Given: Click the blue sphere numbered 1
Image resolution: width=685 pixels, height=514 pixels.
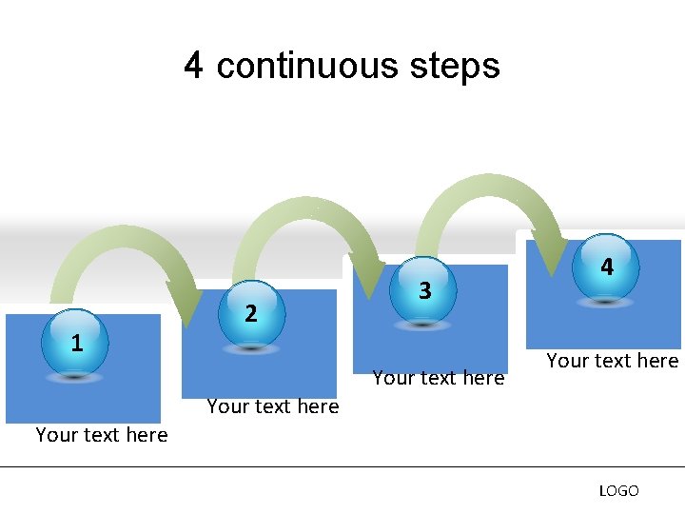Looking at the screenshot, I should pyautogui.click(x=77, y=342).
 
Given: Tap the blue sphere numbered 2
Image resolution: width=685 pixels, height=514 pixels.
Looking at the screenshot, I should pyautogui.click(x=250, y=311).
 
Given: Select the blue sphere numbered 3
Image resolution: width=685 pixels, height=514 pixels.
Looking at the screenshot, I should pyautogui.click(x=424, y=289).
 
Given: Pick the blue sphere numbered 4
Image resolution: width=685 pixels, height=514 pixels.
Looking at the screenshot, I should pyautogui.click(x=606, y=267).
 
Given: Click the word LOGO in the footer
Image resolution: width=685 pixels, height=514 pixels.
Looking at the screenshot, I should pyautogui.click(x=618, y=491).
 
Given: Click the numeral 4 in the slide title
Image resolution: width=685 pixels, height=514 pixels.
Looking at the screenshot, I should pyautogui.click(x=194, y=66).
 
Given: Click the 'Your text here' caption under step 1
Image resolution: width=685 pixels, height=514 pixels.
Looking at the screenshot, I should pyautogui.click(x=101, y=435).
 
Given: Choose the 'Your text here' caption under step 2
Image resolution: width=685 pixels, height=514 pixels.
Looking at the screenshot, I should pyautogui.click(x=273, y=406).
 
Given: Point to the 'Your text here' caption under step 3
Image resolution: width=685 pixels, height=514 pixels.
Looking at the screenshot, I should pyautogui.click(x=439, y=378).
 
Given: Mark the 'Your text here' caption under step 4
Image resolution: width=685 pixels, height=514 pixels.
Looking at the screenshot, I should pyautogui.click(x=612, y=361).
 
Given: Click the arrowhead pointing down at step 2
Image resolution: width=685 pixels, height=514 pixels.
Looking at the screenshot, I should pyautogui.click(x=186, y=304).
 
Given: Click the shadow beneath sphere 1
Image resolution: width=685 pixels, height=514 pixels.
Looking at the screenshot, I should pyautogui.click(x=77, y=377).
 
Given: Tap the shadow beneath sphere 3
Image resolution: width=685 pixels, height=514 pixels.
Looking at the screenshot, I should pyautogui.click(x=424, y=325).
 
